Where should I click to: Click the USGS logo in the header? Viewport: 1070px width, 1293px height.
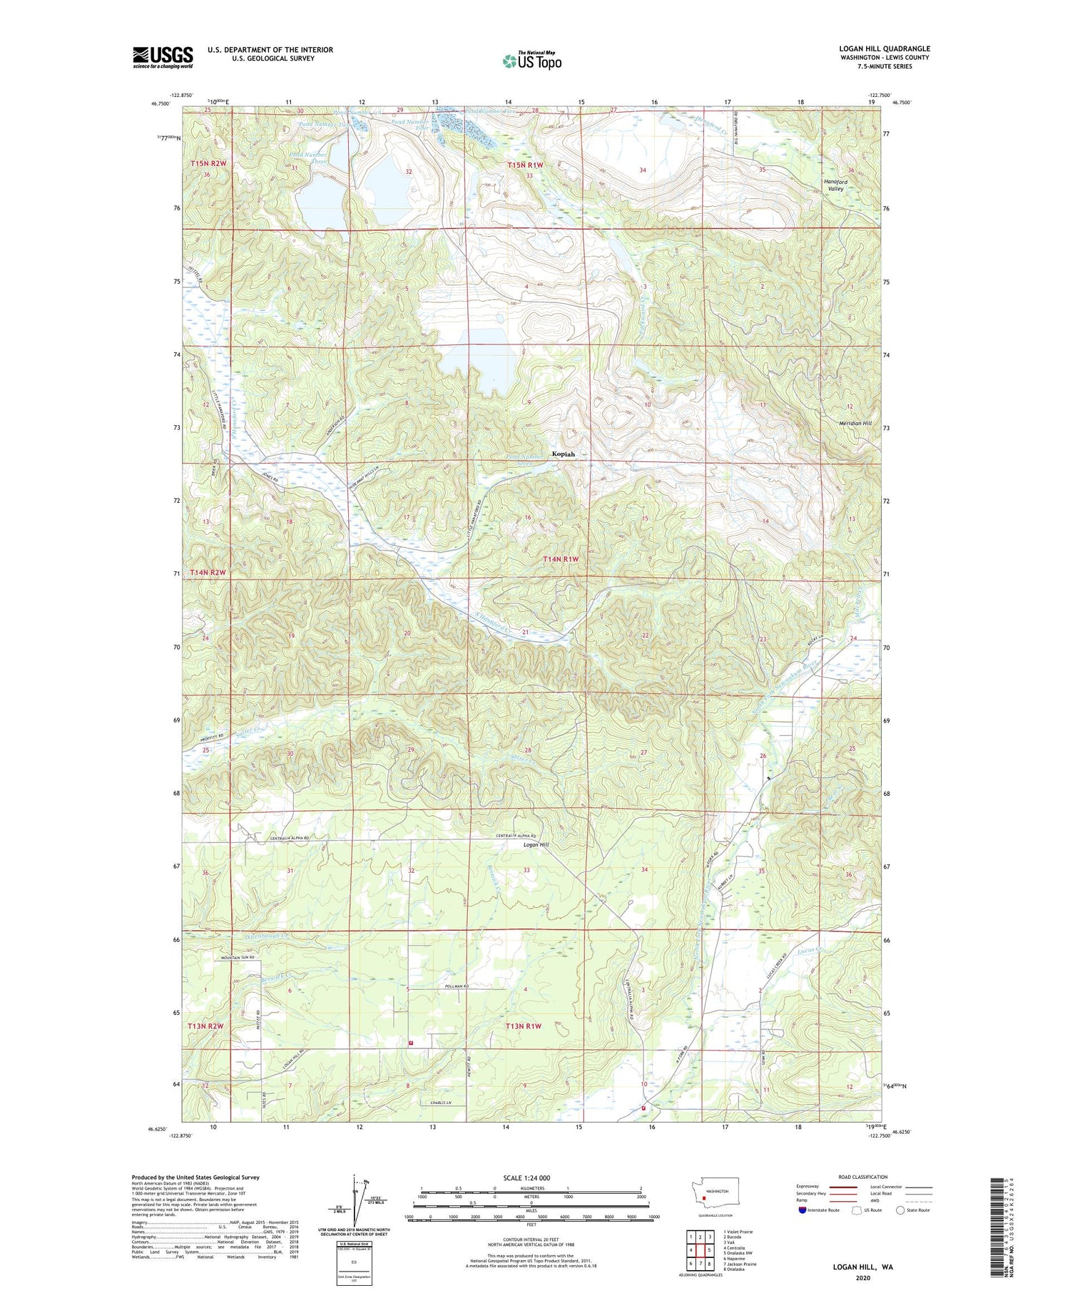163,57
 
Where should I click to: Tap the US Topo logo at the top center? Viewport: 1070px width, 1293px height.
531,61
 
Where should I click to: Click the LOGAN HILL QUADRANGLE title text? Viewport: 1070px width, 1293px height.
884,49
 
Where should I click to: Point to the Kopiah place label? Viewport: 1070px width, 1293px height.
563,454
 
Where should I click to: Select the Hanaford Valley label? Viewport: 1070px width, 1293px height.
835,185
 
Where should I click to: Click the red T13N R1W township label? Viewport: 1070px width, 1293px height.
524,1026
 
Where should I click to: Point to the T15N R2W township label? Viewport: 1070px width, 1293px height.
208,164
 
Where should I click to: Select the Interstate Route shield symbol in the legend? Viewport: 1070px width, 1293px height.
802,1210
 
